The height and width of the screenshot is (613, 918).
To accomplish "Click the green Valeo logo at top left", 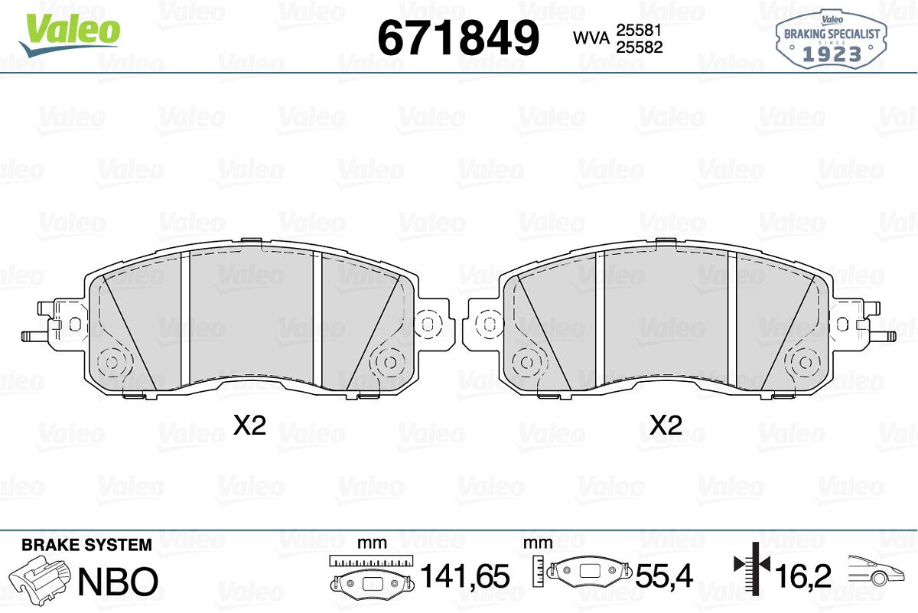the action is coord(70,34).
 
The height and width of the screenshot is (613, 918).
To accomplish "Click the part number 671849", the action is coord(458,37).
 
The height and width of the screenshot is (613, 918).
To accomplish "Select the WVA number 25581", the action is coord(640,30).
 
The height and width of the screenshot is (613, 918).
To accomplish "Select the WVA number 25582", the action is coord(640,47).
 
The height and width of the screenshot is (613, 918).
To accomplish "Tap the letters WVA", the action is coord(591,38).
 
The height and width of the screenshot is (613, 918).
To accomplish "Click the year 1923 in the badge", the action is coord(832,54).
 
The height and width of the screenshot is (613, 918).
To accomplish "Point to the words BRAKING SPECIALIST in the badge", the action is coord(832,34).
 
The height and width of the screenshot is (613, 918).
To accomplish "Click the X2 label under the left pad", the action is coord(249,426).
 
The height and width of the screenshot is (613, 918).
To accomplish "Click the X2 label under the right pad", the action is coord(666,426).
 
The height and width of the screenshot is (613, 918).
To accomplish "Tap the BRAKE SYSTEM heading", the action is coord(86,545).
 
